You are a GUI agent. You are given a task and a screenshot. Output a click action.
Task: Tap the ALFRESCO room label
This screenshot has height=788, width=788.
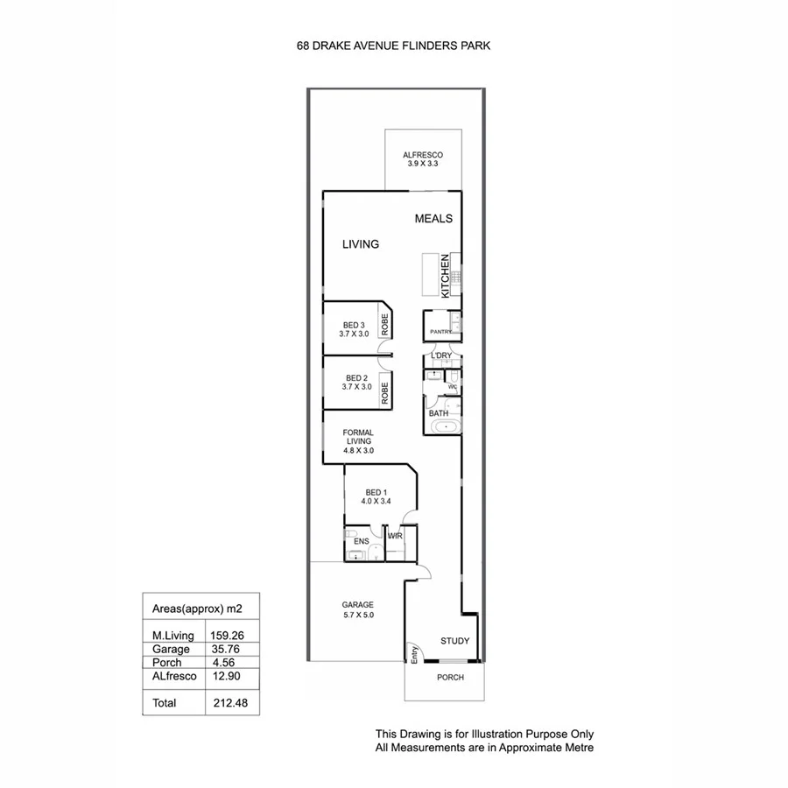pyautogui.click(x=417, y=153)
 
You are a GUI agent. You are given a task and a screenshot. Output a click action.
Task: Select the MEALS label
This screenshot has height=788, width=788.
pyautogui.click(x=433, y=219)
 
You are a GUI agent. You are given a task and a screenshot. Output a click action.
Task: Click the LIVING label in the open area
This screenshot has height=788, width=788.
pyautogui.click(x=360, y=244)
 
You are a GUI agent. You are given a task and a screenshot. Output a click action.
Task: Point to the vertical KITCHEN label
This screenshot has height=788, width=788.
pyautogui.click(x=446, y=277)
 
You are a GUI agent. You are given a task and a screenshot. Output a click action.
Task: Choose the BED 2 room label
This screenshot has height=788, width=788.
pyautogui.click(x=355, y=377)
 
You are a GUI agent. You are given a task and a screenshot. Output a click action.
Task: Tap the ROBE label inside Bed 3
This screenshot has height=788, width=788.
pyautogui.click(x=384, y=326)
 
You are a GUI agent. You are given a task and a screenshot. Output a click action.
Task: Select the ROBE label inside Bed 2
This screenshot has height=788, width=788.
pyautogui.click(x=384, y=391)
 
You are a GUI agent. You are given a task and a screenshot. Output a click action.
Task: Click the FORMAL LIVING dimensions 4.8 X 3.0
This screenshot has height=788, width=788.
pyautogui.click(x=358, y=451)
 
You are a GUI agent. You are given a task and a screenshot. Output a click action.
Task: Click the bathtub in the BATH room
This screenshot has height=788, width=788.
pyautogui.click(x=446, y=426)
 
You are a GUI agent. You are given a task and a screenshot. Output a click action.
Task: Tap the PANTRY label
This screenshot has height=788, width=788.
pyautogui.click(x=440, y=332)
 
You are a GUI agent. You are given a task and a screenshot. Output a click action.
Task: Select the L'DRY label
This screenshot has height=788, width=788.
pyautogui.click(x=441, y=355)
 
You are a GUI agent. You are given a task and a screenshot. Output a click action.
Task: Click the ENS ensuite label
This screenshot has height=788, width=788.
pyautogui.click(x=361, y=542)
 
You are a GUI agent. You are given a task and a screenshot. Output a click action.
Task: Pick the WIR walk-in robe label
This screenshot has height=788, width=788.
pyautogui.click(x=395, y=535)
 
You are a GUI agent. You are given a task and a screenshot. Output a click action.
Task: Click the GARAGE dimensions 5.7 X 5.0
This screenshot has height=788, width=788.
pyautogui.click(x=357, y=615)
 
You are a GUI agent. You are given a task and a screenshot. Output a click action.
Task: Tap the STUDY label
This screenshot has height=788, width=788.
pyautogui.click(x=455, y=641)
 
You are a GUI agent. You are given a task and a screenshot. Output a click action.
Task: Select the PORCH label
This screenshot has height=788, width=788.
pyautogui.click(x=449, y=678)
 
